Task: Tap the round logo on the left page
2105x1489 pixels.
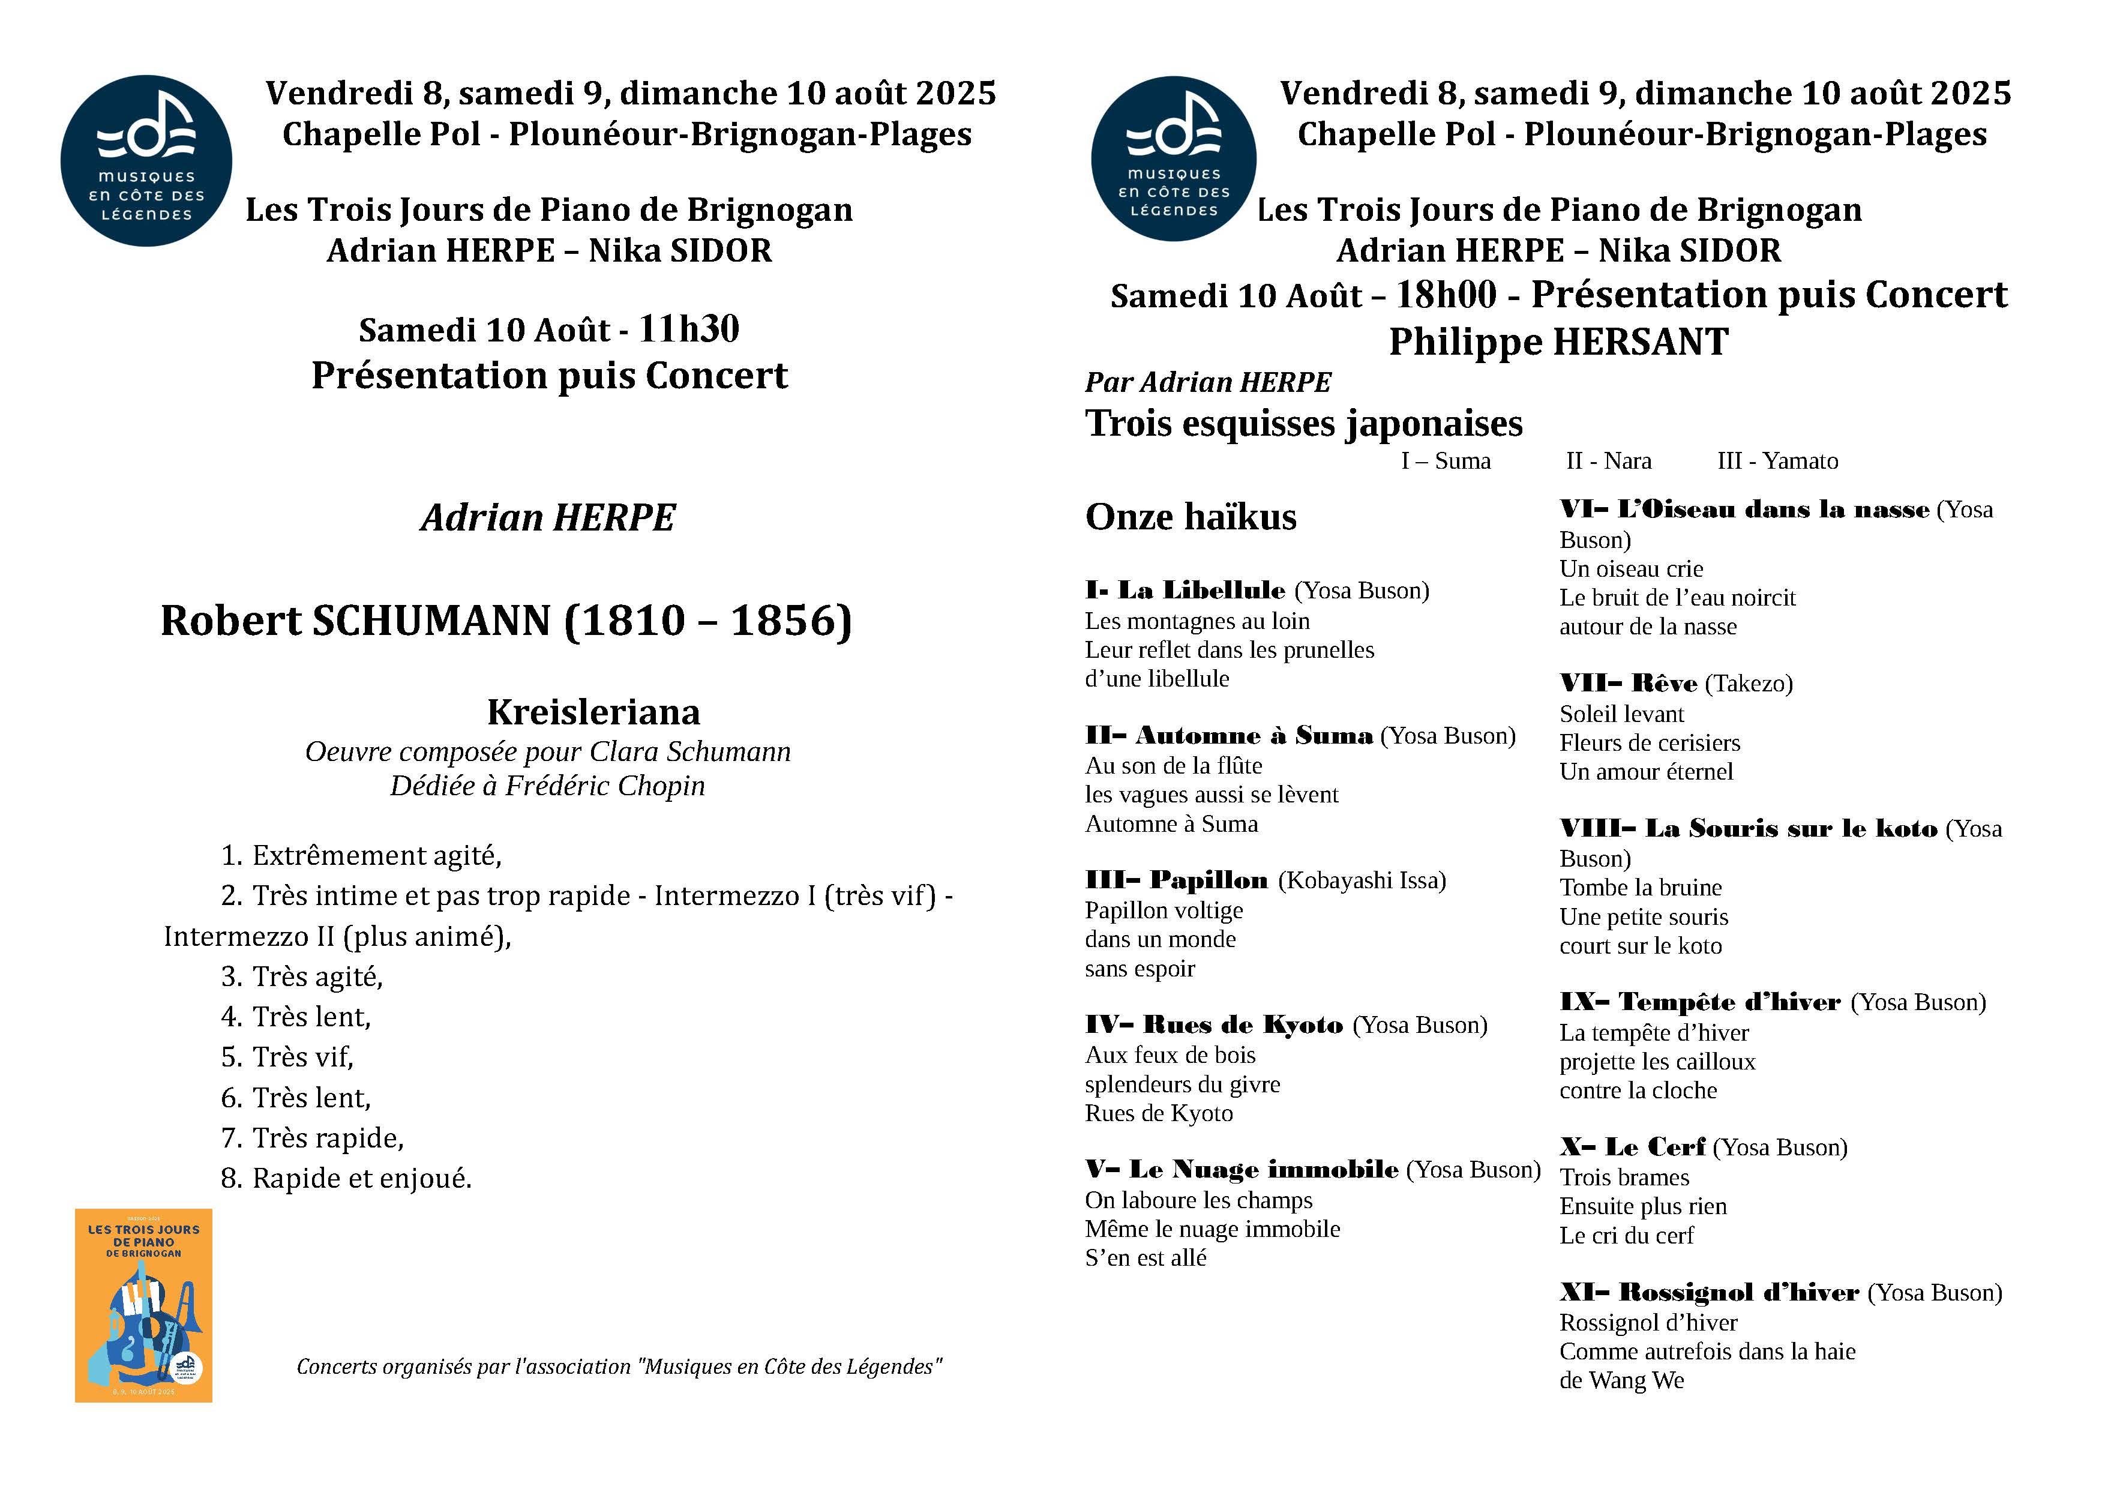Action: click(x=146, y=161)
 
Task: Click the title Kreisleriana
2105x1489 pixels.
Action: click(x=593, y=712)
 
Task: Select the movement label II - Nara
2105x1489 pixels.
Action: click(x=1608, y=460)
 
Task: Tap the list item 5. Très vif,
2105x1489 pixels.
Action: click(x=287, y=1057)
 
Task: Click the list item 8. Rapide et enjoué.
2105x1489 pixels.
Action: click(x=347, y=1178)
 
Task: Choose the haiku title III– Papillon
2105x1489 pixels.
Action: click(x=1176, y=880)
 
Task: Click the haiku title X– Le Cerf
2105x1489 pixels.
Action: click(x=1632, y=1147)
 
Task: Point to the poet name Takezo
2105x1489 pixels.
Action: click(x=1749, y=684)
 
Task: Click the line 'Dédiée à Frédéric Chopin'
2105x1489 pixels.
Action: click(x=547, y=786)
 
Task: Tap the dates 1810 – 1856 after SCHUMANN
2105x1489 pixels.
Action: click(x=708, y=621)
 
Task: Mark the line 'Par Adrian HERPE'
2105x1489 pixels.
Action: click(x=1207, y=382)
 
